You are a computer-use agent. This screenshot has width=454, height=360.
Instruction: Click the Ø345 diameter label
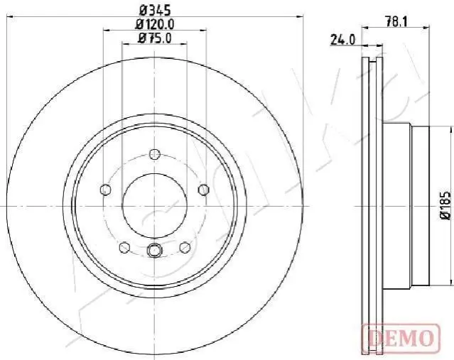point(155,11)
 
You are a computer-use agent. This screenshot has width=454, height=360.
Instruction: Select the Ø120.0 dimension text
point(155,24)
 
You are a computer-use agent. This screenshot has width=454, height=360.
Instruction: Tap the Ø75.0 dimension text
point(155,38)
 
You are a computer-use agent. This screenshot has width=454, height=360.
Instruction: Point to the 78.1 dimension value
point(396,21)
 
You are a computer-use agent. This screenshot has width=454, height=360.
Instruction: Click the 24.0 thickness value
point(342,40)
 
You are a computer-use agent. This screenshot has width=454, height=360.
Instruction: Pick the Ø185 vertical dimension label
point(446,205)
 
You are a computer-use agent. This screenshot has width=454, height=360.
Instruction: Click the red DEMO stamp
point(401,338)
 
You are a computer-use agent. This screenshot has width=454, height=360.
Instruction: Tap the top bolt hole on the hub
point(155,153)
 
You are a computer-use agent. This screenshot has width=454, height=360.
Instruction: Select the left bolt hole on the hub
point(105,190)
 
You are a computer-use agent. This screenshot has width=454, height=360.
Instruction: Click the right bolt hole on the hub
point(204,190)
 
